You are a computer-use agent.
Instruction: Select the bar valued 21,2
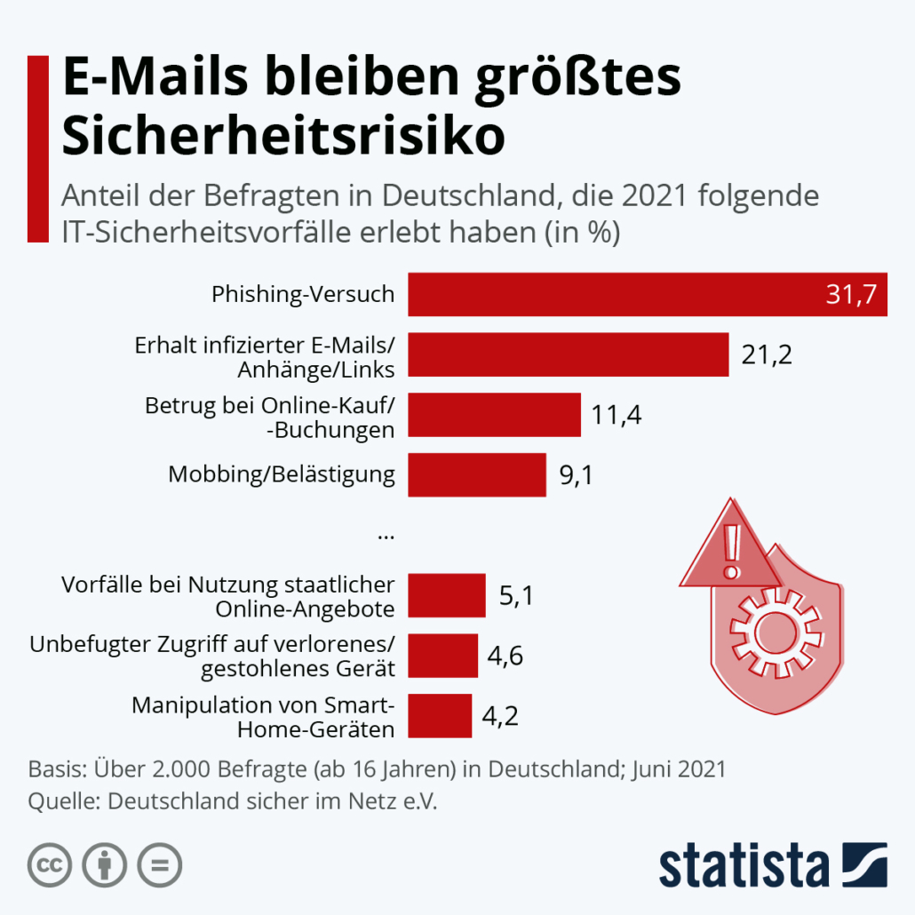coord(568,355)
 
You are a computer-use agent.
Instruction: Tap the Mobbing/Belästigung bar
coord(476,474)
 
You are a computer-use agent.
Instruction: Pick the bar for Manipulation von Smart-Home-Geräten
coord(440,716)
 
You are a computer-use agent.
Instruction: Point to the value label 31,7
coord(855,295)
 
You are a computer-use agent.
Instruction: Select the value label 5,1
coord(516,595)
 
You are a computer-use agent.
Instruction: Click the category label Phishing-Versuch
coord(303,294)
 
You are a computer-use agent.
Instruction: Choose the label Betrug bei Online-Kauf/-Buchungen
coord(270,416)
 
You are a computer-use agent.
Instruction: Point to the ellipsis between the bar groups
coord(386,535)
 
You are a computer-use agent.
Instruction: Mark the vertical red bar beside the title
coord(37,148)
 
